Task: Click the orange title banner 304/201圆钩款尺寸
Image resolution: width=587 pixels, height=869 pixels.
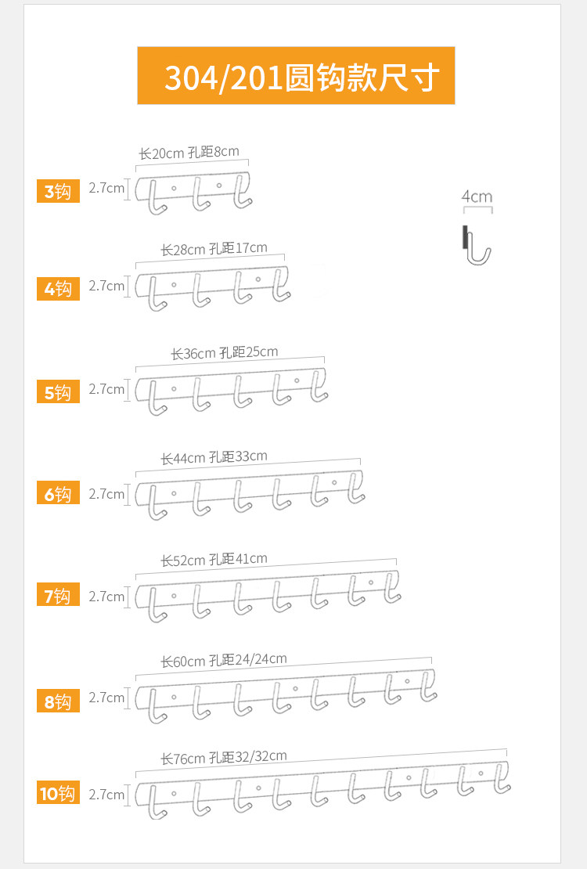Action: click(x=296, y=76)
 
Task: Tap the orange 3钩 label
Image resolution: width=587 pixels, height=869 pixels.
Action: click(x=58, y=191)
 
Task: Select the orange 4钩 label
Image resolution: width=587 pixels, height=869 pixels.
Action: click(x=58, y=289)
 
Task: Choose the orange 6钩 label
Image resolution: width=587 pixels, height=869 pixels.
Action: click(x=58, y=494)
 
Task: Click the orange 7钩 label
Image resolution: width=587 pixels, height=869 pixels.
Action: click(x=58, y=596)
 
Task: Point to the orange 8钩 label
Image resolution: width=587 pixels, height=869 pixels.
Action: click(x=58, y=701)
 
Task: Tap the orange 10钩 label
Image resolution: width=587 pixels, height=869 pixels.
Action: click(x=58, y=794)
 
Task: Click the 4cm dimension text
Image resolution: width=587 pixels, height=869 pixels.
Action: click(x=477, y=196)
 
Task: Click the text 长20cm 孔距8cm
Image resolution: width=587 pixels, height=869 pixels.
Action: click(x=189, y=153)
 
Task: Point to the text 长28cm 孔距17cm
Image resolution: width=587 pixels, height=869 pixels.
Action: click(x=214, y=249)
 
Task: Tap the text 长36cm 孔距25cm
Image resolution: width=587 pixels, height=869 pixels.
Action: click(x=225, y=353)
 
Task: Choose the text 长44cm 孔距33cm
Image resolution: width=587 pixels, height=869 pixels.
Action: click(x=214, y=457)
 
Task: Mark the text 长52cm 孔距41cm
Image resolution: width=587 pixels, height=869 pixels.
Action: click(x=214, y=559)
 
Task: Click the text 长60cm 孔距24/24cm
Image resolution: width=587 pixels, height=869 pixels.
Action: click(x=224, y=661)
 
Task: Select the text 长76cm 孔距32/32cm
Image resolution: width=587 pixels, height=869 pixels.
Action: click(x=224, y=757)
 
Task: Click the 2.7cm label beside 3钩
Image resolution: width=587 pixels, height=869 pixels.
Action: click(x=106, y=188)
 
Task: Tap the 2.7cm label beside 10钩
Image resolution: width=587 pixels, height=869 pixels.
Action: click(x=106, y=795)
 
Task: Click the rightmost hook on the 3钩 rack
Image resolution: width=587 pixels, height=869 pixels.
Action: click(x=242, y=195)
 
